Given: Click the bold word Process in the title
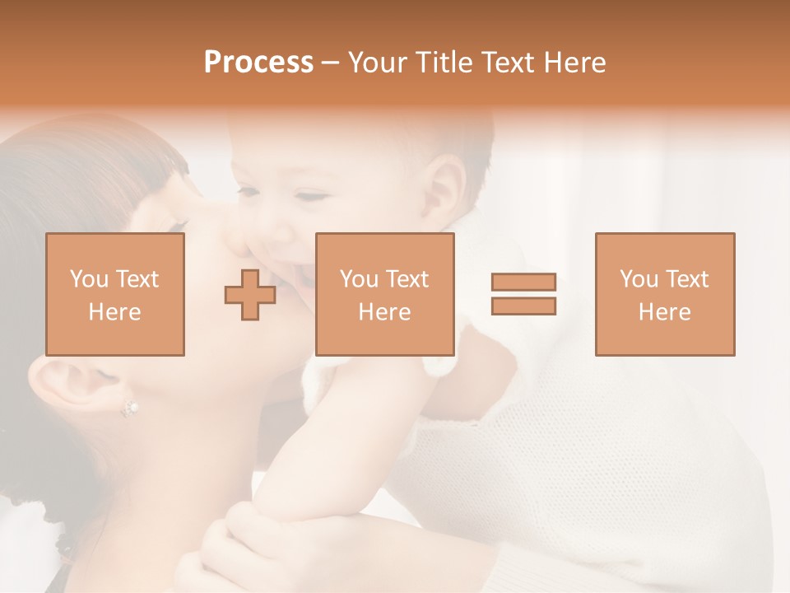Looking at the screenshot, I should click(x=258, y=63).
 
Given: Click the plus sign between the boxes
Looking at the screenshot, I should click(x=250, y=295).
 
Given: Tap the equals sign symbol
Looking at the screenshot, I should click(x=523, y=294).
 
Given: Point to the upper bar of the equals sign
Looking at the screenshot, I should click(x=523, y=282).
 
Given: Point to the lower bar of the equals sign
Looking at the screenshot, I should click(x=523, y=306).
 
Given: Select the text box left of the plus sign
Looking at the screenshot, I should click(x=114, y=294).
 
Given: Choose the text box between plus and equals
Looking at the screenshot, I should click(x=384, y=294).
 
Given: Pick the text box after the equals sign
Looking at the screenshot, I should click(x=664, y=294).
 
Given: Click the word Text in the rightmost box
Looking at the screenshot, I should click(x=686, y=279).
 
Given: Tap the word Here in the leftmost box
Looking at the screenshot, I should click(x=114, y=312).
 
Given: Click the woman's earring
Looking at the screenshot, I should click(x=129, y=407).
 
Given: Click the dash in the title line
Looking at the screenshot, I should click(x=330, y=63).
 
